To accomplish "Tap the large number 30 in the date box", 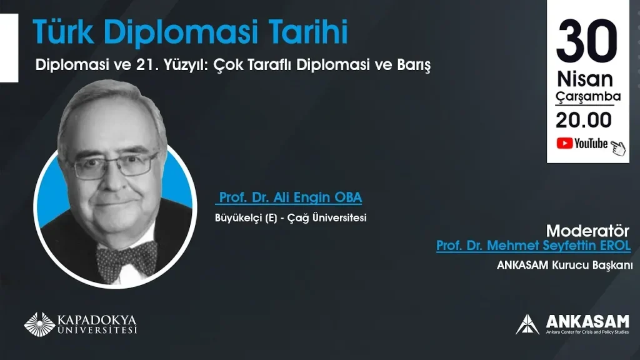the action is coord(587,41).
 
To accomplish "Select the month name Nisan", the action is coord(585,79).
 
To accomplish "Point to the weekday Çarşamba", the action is coord(588,97).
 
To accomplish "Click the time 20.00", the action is coord(584,120).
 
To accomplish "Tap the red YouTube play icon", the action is coord(564,143).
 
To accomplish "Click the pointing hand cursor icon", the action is coord(618,148).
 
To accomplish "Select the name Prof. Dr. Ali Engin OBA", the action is coord(290,197).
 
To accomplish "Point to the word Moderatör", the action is coord(587,231).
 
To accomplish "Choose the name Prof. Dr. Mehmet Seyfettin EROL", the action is coord(534,245).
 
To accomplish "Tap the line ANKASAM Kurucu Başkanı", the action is coord(564,265).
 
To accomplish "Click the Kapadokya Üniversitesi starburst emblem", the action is coord(39,324).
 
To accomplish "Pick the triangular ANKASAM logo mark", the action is coord(527,324).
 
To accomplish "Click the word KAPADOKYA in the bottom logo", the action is coord(97,319).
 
